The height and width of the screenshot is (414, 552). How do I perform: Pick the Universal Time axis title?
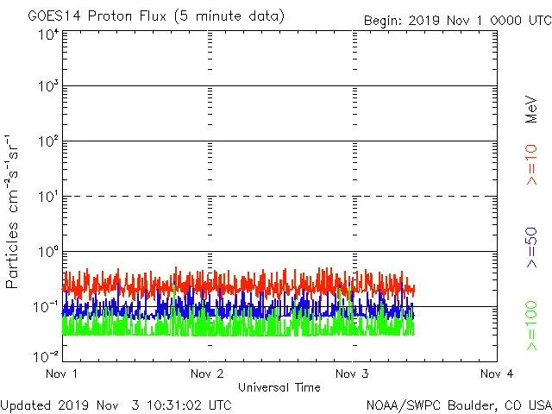[279, 387]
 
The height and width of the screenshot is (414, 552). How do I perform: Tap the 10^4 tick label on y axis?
[47, 34]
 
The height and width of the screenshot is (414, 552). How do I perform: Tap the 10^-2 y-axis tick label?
[46, 356]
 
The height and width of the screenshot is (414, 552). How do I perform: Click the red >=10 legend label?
[531, 164]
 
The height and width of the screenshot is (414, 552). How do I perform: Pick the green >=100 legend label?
[531, 325]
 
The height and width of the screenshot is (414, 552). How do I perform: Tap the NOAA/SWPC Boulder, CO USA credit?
[458, 405]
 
